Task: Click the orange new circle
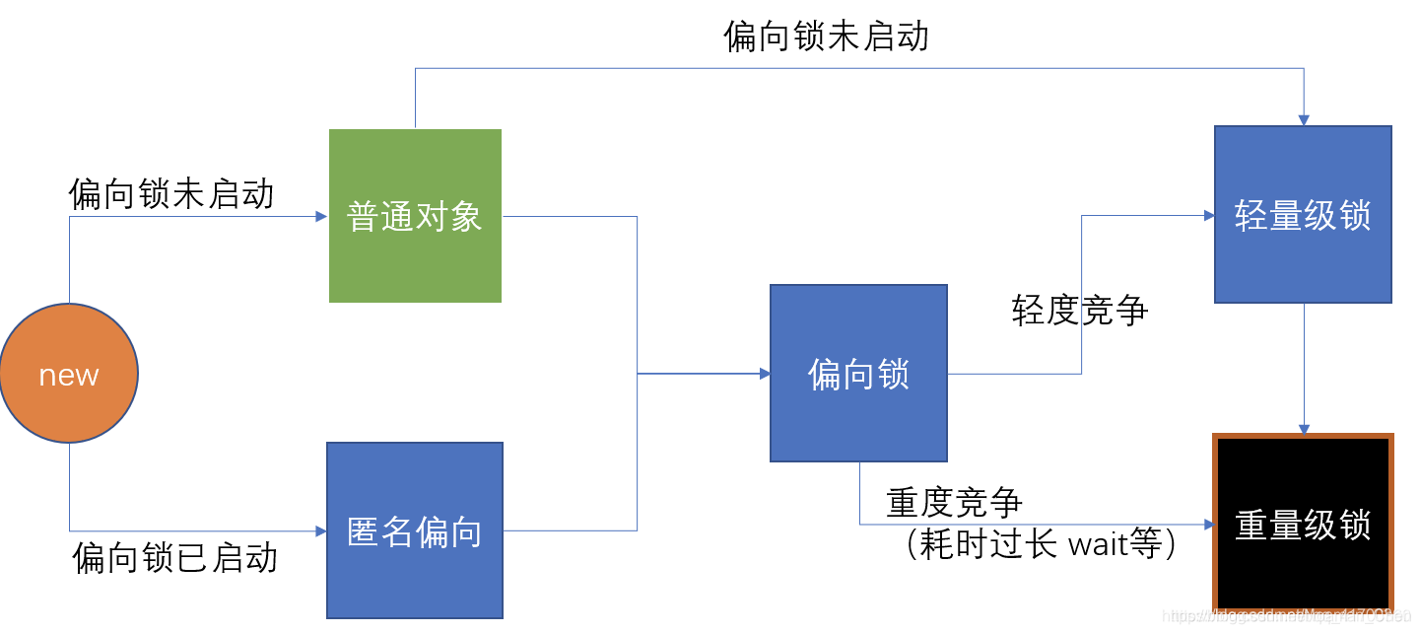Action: coord(69,375)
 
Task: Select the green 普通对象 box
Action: coord(415,216)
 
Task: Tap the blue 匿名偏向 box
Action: coord(415,530)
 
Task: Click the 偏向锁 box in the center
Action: coord(858,374)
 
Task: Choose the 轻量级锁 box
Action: coord(1303,215)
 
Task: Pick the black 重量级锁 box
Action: coord(1303,524)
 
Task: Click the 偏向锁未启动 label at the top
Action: coord(826,36)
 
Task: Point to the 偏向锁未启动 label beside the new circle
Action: coord(171,193)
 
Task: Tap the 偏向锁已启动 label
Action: coord(175,557)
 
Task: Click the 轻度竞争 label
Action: coord(1080,310)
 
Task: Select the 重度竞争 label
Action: coord(954,503)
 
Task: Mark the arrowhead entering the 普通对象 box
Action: coord(321,216)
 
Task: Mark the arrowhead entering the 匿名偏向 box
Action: coord(320,530)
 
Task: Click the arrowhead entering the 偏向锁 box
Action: coord(765,374)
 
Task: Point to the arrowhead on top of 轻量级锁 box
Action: coord(1304,120)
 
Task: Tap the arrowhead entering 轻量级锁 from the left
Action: coord(1209,215)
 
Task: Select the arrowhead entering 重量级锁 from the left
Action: coord(1207,524)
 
